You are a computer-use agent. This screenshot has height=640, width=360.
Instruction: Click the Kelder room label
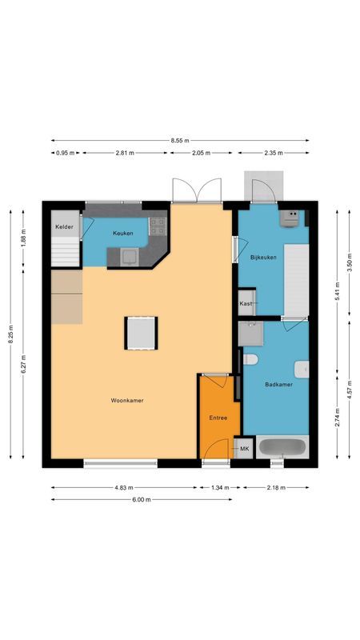point(64,228)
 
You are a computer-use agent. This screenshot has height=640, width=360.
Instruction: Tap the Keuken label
point(122,233)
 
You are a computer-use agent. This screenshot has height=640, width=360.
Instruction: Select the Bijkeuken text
point(262,258)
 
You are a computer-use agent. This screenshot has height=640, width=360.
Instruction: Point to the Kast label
point(246,304)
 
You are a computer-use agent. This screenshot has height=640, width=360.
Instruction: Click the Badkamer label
point(278,385)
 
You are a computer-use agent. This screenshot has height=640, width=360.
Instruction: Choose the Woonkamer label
point(127,400)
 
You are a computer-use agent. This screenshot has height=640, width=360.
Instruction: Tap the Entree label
point(218,418)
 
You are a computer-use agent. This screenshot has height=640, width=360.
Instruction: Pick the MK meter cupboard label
point(244,450)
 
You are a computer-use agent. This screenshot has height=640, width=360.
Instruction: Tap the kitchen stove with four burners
point(158,226)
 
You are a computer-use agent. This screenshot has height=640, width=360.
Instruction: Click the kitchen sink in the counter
point(128,256)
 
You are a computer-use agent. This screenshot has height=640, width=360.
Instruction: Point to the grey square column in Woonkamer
point(141,333)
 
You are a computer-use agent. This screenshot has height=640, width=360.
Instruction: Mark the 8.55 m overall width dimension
point(180,141)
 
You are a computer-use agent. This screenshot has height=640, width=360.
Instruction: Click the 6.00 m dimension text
point(141,500)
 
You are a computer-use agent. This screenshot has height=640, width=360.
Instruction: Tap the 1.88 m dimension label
point(23,238)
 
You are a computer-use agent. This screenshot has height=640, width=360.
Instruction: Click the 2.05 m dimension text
point(203,153)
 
